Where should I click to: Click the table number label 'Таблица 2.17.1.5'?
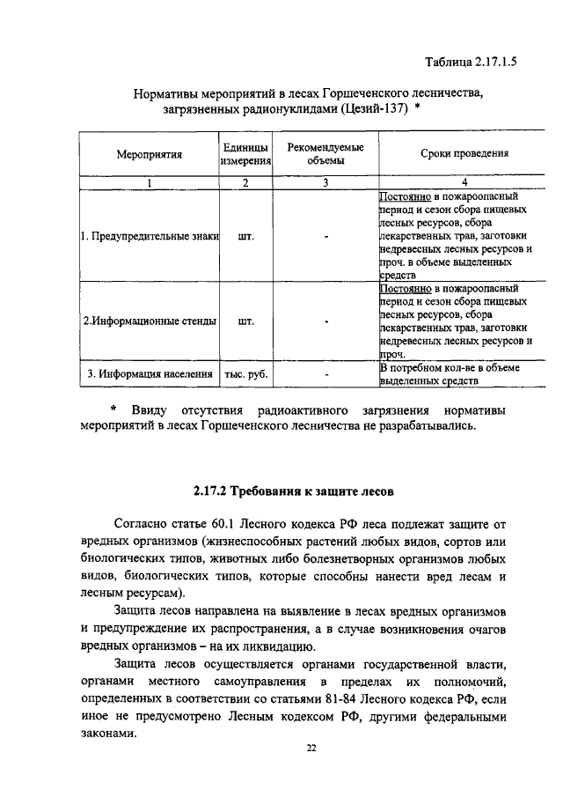(x=469, y=63)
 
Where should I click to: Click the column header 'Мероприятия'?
(x=149, y=154)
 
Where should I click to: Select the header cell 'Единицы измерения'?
(x=245, y=154)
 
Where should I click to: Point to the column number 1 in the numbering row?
(x=149, y=183)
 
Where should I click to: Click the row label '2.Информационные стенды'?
(x=149, y=321)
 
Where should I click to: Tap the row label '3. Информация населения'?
(x=149, y=374)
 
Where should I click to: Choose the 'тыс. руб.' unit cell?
(x=245, y=374)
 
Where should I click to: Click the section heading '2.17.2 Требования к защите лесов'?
(x=281, y=488)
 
